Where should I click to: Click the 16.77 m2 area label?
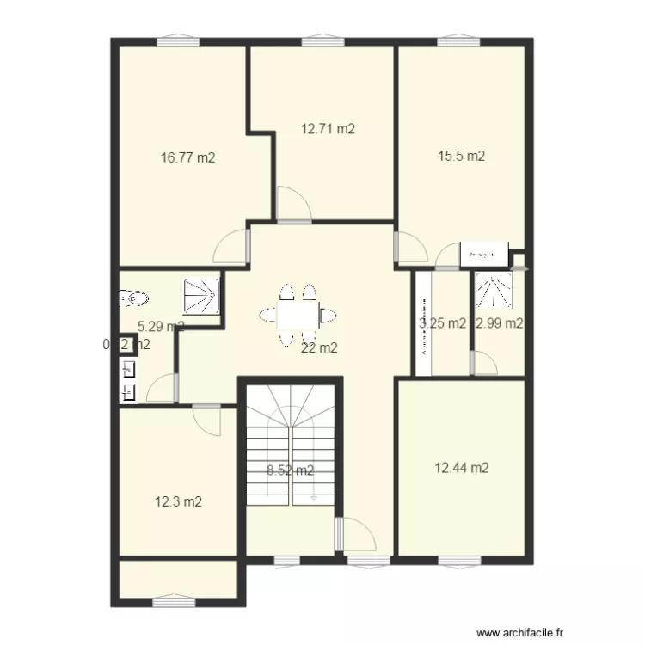pos(187,157)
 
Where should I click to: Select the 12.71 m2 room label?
pos(328,129)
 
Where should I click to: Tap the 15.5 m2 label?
pos(462,156)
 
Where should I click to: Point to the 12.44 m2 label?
pos(462,468)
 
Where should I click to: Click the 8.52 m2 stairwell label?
pos(290,470)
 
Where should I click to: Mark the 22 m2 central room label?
pos(319,348)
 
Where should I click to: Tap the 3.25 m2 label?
pos(442,323)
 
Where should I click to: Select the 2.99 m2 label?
pos(500,323)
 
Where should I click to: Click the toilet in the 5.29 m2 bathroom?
pos(134,298)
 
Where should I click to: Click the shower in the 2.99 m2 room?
pos(494,289)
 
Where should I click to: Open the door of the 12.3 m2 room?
pos(207,418)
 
